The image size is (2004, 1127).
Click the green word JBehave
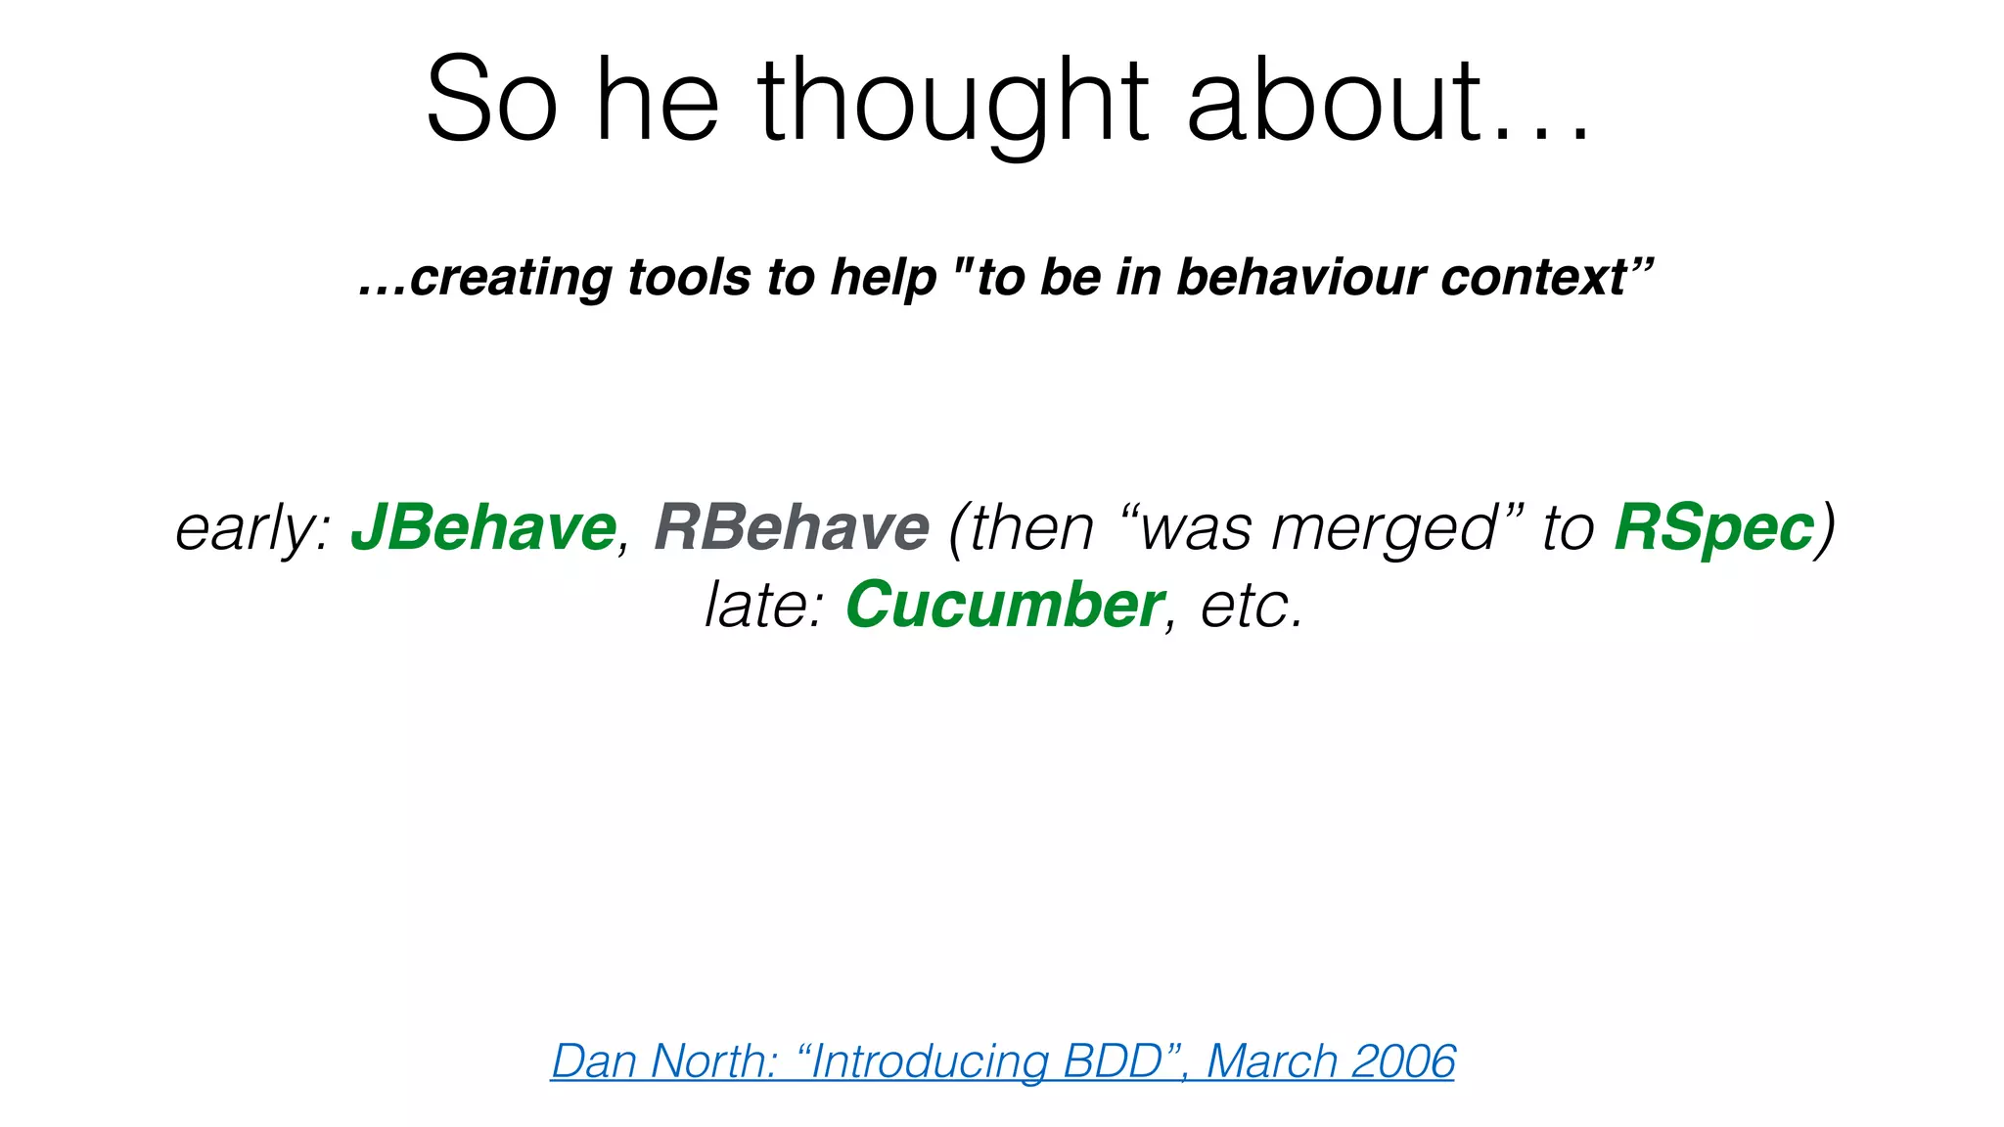click(483, 528)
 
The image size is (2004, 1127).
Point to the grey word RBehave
click(791, 528)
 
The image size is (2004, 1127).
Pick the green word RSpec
click(1713, 528)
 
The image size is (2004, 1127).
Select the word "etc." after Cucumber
click(1252, 605)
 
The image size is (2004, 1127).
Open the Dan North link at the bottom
click(1002, 1061)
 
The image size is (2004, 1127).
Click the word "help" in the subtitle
click(884, 277)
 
